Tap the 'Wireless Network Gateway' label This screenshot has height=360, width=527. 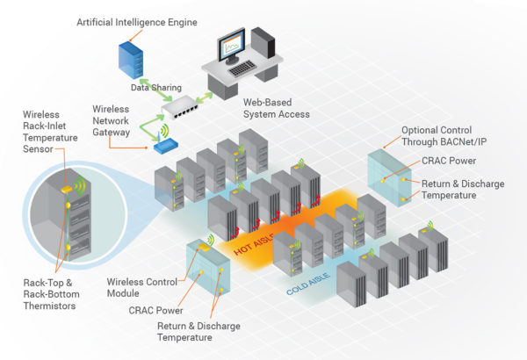[116, 120]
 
